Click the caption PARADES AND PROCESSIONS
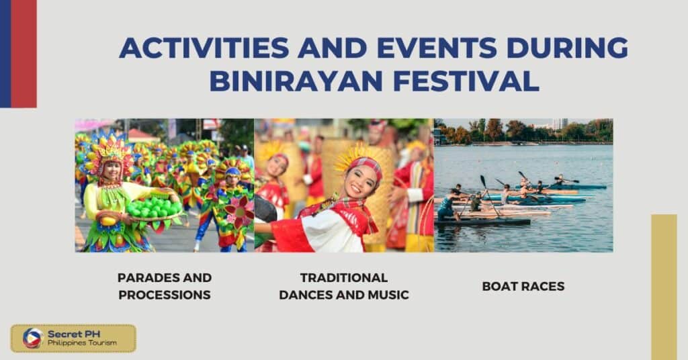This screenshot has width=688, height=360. (165, 286)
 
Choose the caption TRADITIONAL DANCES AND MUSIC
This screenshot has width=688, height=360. (344, 286)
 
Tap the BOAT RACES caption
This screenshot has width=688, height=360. (523, 286)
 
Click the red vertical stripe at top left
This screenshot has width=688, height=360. (24, 54)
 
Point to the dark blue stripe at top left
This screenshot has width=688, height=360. (5, 54)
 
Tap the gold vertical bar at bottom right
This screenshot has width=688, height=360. (664, 285)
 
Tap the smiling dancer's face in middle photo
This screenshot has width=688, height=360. (361, 181)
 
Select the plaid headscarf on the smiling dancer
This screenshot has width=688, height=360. (368, 165)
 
